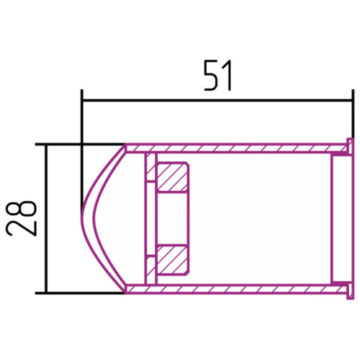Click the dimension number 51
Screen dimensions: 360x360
pyautogui.click(x=218, y=76)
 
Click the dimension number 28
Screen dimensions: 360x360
pyautogui.click(x=22, y=218)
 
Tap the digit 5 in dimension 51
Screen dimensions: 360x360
pyautogui.click(x=212, y=76)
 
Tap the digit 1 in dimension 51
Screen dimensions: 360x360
pyautogui.click(x=228, y=76)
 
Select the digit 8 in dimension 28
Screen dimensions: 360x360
pyautogui.click(x=22, y=208)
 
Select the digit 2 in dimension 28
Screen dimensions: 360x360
pyautogui.click(x=22, y=228)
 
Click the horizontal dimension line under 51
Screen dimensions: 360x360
pyautogui.click(x=217, y=100)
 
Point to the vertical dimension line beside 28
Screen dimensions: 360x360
pyautogui.click(x=46, y=219)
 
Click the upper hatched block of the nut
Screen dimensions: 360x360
pyautogui.click(x=172, y=178)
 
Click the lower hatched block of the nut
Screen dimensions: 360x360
pyautogui.click(x=172, y=259)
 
